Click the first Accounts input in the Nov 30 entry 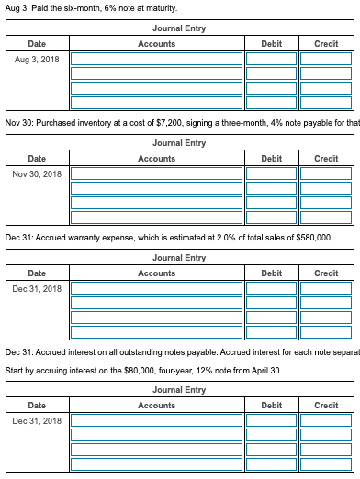(x=156, y=174)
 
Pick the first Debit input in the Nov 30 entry (x=271, y=174)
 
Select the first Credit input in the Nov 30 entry (x=326, y=174)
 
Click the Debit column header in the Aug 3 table (x=272, y=44)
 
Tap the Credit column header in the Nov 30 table (x=326, y=159)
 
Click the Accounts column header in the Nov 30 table (x=156, y=159)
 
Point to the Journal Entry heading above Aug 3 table (x=180, y=28)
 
